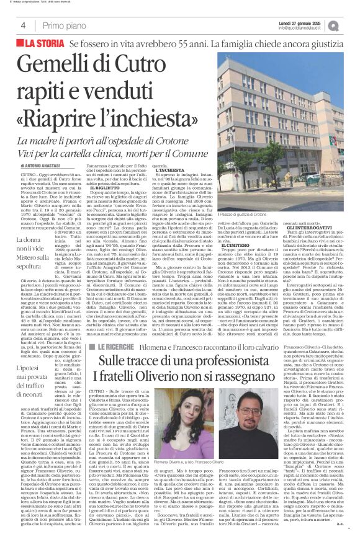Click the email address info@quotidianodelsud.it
[x=303, y=28]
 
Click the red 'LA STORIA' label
[x=41, y=43]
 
